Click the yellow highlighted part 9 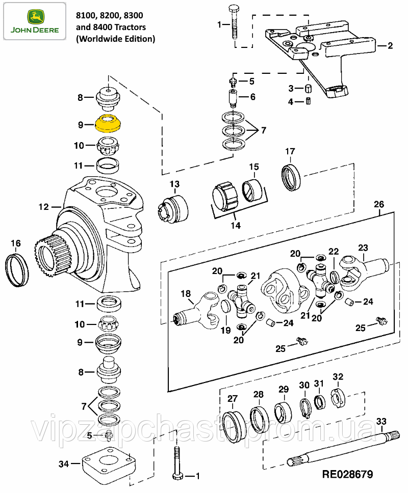(x=108, y=124)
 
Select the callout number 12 (x=43, y=207)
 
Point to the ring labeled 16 (x=17, y=268)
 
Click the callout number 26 (x=379, y=204)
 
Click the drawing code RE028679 (x=347, y=475)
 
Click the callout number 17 (x=290, y=151)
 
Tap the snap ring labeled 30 (x=304, y=407)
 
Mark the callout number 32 (x=338, y=376)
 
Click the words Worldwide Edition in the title (x=115, y=38)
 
